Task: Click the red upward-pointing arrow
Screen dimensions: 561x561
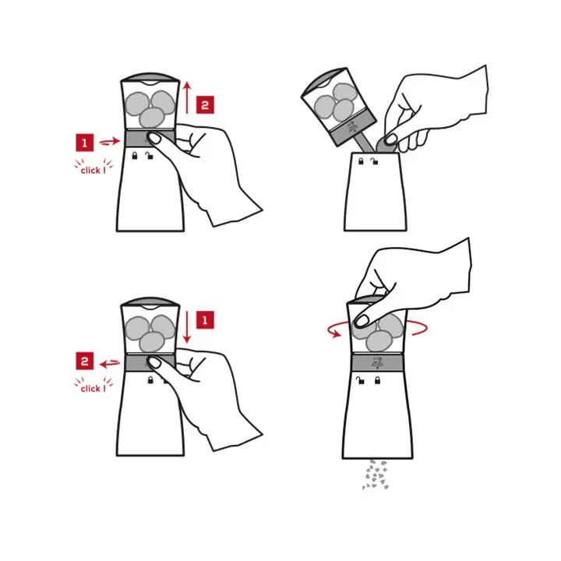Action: click(187, 97)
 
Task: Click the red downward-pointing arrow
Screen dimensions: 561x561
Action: click(187, 327)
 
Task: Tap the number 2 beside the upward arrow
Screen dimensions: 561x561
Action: click(205, 105)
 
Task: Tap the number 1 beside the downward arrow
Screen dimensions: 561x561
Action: click(205, 320)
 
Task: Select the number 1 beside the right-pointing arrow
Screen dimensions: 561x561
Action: click(84, 143)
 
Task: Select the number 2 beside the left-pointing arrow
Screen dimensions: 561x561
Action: click(84, 361)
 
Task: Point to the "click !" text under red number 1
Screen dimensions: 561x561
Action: click(93, 171)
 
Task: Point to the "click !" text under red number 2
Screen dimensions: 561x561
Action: click(93, 388)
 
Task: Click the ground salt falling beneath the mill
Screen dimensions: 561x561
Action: click(376, 475)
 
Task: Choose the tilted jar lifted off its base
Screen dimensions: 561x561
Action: click(338, 107)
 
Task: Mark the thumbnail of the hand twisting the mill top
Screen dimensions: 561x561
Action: click(362, 320)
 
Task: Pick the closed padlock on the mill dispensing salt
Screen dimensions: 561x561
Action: click(377, 380)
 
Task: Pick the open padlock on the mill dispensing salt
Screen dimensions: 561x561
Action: click(360, 380)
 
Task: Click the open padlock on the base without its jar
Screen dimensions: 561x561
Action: click(374, 161)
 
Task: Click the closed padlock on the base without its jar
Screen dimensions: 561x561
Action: click(361, 161)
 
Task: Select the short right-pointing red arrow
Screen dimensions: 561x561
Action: click(110, 141)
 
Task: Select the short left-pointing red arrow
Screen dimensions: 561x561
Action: click(110, 364)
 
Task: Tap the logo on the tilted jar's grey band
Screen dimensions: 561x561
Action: click(352, 128)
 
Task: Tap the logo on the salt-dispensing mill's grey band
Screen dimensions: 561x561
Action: click(377, 363)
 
